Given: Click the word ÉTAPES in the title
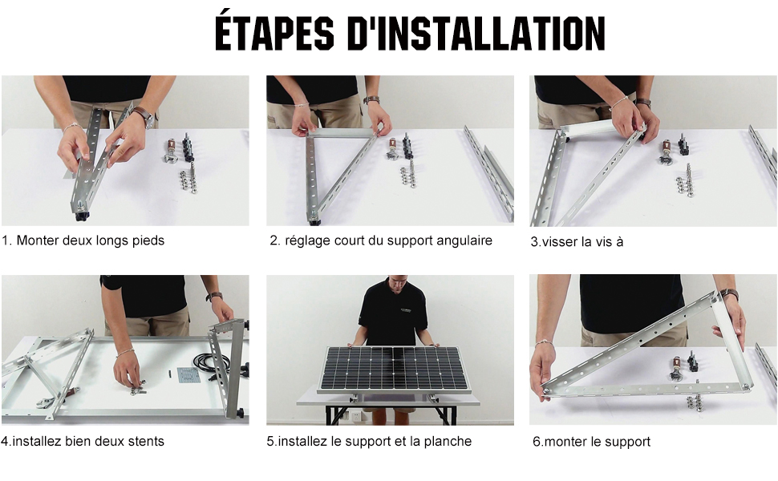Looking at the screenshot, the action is tap(274, 33).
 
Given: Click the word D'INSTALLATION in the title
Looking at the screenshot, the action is tap(476, 33).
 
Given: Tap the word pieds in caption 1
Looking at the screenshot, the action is tap(148, 241).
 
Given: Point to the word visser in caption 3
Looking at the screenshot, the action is tap(559, 242).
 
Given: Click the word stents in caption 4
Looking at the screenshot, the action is tap(146, 442).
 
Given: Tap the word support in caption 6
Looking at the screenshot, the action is tap(624, 443).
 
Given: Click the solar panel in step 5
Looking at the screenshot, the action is tap(395, 369).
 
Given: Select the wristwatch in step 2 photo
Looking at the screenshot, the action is tap(371, 100).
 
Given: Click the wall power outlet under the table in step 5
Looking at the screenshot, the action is tap(356, 415).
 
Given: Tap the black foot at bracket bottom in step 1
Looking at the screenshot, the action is tap(80, 216).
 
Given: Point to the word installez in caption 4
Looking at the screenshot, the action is tap(34, 442).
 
